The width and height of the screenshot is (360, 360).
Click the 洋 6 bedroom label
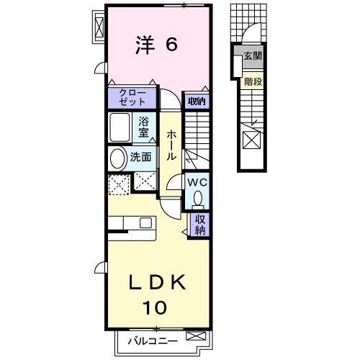(x=156, y=45)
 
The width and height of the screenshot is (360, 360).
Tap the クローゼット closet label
(x=132, y=98)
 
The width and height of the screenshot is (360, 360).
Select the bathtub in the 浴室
(x=120, y=127)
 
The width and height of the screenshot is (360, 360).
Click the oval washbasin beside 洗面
(x=118, y=158)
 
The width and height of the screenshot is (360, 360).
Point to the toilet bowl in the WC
(x=198, y=199)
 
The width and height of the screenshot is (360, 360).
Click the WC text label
(x=197, y=183)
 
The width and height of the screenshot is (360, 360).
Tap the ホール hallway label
(x=171, y=145)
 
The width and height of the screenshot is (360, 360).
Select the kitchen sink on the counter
(x=145, y=223)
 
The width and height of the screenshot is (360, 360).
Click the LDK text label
(x=158, y=282)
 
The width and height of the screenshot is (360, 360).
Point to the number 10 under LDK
(x=155, y=307)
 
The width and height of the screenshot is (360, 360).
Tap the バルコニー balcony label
(x=153, y=341)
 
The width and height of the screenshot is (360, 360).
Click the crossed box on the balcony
(x=196, y=336)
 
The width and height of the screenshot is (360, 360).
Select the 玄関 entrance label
(x=253, y=56)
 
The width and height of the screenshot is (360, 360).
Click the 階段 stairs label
(x=253, y=82)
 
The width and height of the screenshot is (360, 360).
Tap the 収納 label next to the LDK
(x=200, y=225)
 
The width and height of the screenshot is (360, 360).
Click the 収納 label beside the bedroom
(x=197, y=102)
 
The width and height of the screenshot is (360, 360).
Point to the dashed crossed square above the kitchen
(x=120, y=184)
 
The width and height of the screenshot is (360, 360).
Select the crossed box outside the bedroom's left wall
(x=99, y=27)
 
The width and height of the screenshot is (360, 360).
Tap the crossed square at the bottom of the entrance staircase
(x=252, y=140)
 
